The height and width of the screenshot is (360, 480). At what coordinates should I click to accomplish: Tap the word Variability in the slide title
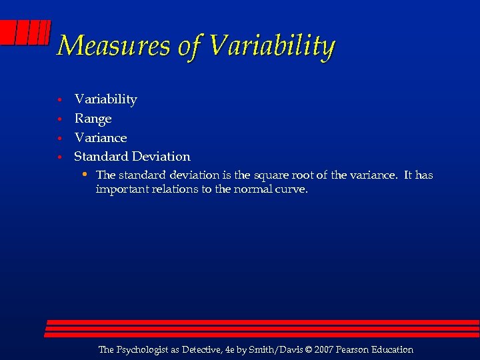tap(271, 46)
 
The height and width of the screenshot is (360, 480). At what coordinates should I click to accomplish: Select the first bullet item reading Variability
tap(105, 99)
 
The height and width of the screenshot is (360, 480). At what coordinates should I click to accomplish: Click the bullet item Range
tap(93, 119)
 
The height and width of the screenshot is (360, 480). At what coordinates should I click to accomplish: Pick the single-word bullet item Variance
tap(100, 137)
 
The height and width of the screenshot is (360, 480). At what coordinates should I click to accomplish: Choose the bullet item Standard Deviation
tap(132, 157)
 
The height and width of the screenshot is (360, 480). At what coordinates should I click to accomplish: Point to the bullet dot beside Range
tap(59, 119)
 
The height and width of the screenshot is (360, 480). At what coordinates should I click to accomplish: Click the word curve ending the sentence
tap(293, 189)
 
